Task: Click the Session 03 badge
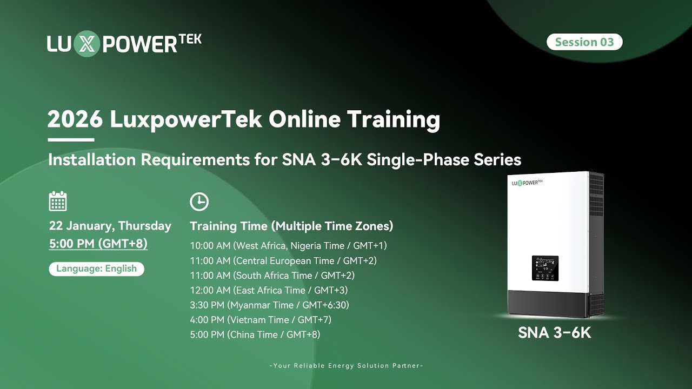[x=584, y=42]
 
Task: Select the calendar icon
[x=58, y=201]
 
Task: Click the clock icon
[x=199, y=202]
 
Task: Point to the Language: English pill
[x=96, y=269]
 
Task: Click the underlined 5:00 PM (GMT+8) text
[x=98, y=244]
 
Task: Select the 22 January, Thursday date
[x=110, y=226]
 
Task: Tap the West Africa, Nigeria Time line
[x=288, y=246]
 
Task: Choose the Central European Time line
[x=283, y=260]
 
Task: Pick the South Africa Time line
[x=272, y=276]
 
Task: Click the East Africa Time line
[x=269, y=290]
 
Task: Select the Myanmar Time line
[x=269, y=305]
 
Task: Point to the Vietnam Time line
[x=261, y=319]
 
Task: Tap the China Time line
[x=255, y=334]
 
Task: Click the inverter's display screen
[x=545, y=268]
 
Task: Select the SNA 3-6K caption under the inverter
[x=554, y=333]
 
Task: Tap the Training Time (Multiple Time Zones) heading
[x=291, y=226]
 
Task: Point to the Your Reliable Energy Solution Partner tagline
[x=346, y=366]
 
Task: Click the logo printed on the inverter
[x=527, y=183]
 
